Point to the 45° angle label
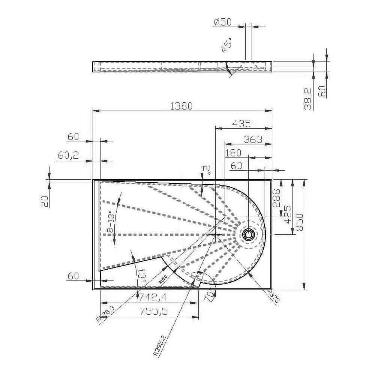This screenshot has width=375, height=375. [x=226, y=45]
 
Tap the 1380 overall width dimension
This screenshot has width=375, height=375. [x=181, y=106]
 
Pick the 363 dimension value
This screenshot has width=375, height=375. [x=253, y=139]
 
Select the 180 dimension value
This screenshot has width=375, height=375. [x=233, y=153]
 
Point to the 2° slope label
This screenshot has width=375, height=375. [x=206, y=171]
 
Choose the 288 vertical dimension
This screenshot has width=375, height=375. [x=277, y=198]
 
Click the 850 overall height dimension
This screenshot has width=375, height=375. [x=299, y=223]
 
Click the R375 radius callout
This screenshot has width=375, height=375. [x=274, y=296]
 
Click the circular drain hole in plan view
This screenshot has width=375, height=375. [x=248, y=235]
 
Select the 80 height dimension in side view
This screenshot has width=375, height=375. [x=322, y=91]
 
